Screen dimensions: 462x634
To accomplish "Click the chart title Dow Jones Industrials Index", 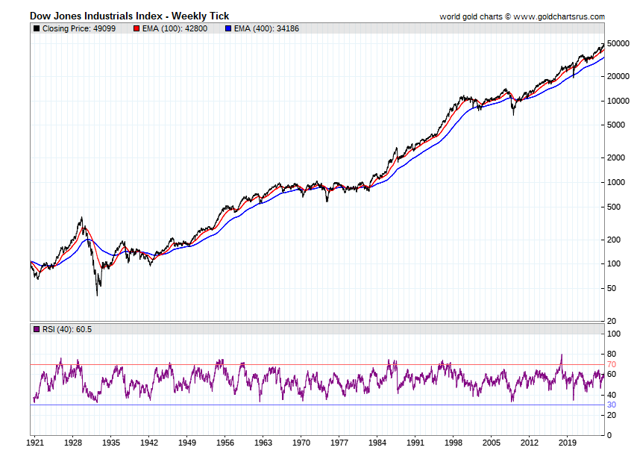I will (129, 16).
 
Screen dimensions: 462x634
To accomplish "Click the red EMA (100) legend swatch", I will (136, 28).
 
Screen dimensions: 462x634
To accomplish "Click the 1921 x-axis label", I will (34, 442).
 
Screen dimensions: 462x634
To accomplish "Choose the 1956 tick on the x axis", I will (225, 442).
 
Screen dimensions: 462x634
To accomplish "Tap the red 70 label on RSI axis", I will (610, 364).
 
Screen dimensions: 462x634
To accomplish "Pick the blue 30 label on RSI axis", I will (610, 405).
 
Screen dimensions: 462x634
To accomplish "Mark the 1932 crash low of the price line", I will (97, 295).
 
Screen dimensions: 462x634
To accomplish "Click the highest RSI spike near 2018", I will (561, 355).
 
